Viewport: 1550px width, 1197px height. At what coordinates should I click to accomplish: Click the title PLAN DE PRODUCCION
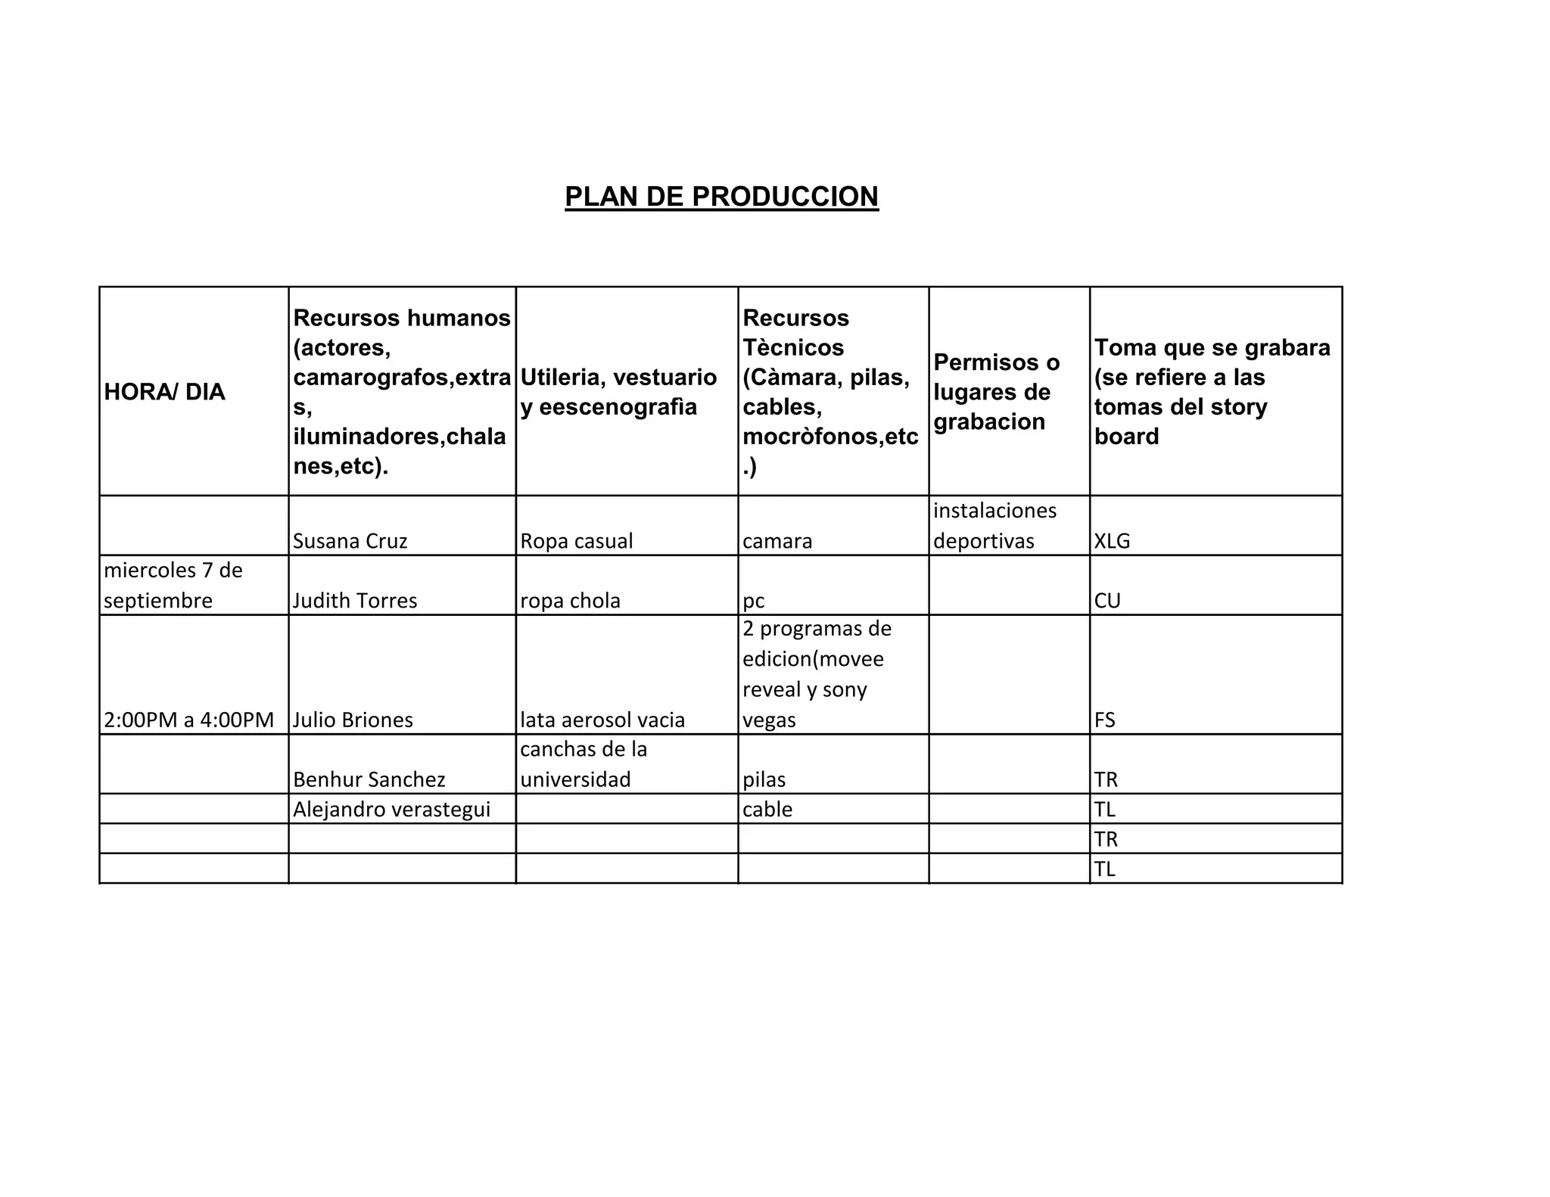pyautogui.click(x=721, y=197)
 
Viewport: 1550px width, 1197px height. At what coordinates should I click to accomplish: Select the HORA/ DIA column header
pyautogui.click(x=164, y=392)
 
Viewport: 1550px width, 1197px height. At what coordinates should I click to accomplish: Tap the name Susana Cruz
pyautogui.click(x=350, y=541)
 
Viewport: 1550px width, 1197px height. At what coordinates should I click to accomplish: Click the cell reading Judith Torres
pyautogui.click(x=355, y=601)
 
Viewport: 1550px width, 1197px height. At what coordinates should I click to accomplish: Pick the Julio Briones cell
pyautogui.click(x=353, y=720)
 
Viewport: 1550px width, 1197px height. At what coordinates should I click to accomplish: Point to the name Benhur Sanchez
pyautogui.click(x=369, y=779)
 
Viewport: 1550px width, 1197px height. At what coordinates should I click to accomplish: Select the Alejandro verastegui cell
pyautogui.click(x=391, y=810)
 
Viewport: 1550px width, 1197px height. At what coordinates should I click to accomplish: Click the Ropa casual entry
pyautogui.click(x=576, y=541)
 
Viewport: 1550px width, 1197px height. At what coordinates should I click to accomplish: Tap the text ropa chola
pyautogui.click(x=570, y=601)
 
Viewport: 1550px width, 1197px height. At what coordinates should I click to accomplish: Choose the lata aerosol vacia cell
pyautogui.click(x=602, y=720)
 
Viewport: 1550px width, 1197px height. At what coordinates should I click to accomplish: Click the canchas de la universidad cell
pyautogui.click(x=584, y=764)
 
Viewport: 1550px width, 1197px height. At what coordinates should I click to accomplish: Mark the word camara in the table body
pyautogui.click(x=777, y=541)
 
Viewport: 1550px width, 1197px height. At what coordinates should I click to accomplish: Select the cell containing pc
pyautogui.click(x=753, y=601)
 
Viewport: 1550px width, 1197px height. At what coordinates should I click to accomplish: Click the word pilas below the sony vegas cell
pyautogui.click(x=764, y=779)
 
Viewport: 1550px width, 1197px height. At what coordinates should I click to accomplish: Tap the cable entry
pyautogui.click(x=767, y=810)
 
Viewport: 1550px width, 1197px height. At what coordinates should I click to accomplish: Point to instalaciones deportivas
pyautogui.click(x=994, y=526)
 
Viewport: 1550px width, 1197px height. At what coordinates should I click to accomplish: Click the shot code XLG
pyautogui.click(x=1112, y=541)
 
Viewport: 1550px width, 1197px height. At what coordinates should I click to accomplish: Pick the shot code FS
pyautogui.click(x=1105, y=720)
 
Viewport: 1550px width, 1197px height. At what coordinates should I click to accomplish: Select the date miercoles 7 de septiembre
pyautogui.click(x=173, y=586)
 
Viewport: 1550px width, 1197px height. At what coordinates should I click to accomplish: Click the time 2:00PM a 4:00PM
pyautogui.click(x=188, y=720)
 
